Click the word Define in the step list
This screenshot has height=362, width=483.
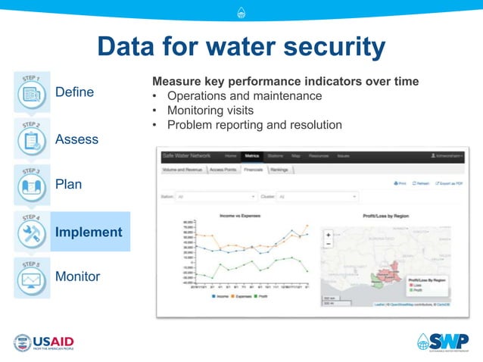(x=74, y=92)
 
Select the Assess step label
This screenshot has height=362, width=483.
(x=76, y=139)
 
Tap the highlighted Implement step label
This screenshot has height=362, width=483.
(x=88, y=232)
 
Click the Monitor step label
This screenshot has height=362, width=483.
(x=77, y=276)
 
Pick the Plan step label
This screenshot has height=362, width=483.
(x=69, y=185)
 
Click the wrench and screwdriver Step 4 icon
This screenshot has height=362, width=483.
(x=32, y=231)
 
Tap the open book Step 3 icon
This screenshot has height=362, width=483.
(x=32, y=185)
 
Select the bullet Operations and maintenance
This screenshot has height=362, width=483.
(x=244, y=96)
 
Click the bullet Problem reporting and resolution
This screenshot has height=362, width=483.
(x=254, y=125)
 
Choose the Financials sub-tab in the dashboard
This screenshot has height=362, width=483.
(x=254, y=170)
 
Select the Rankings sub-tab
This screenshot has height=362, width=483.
(x=279, y=170)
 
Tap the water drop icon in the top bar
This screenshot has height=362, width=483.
(x=241, y=11)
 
